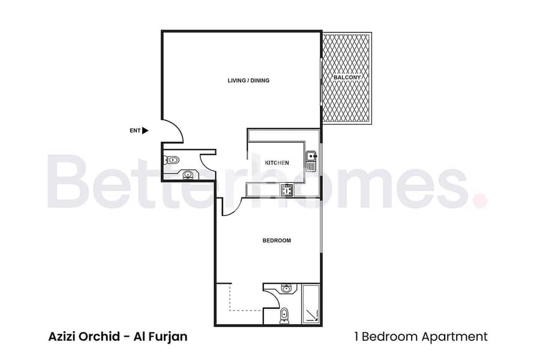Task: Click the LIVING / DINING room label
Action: click(248, 80)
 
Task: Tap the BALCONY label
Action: click(347, 77)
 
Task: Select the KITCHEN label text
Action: click(277, 163)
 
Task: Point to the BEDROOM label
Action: click(277, 241)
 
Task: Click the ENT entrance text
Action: click(135, 131)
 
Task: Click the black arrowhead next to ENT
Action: click(145, 131)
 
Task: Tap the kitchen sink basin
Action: click(311, 156)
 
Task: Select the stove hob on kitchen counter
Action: click(287, 190)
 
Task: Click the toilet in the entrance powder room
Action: click(171, 160)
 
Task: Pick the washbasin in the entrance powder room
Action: click(188, 175)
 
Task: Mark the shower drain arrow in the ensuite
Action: click(313, 315)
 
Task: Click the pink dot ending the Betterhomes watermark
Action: click(481, 200)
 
